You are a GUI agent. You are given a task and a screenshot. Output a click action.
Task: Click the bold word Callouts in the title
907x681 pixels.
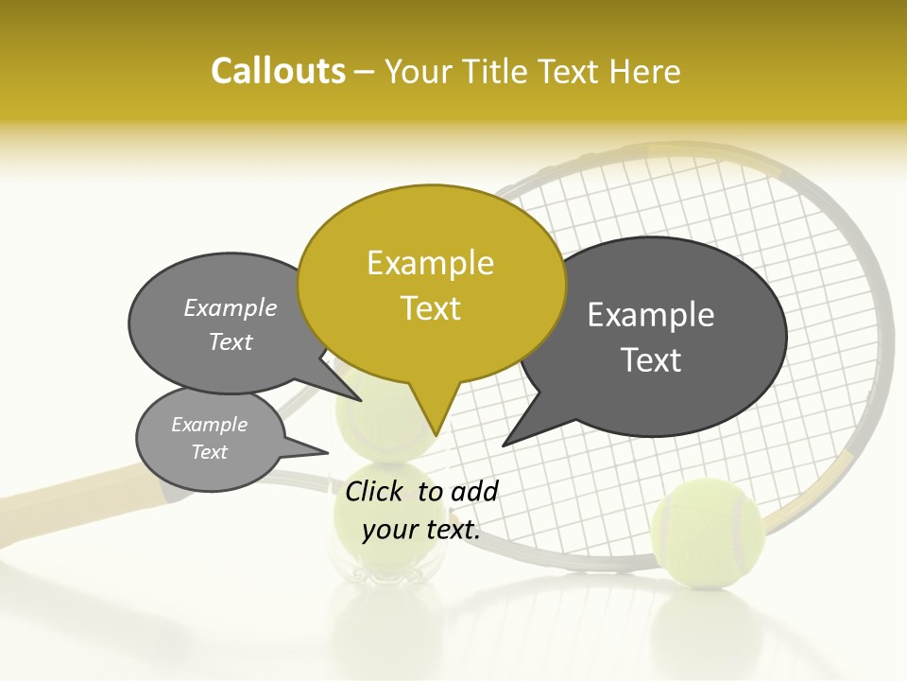[x=278, y=71]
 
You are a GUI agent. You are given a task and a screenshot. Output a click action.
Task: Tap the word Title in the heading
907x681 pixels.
[x=494, y=71]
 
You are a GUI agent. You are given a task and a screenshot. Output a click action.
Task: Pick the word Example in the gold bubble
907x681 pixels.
[x=430, y=263]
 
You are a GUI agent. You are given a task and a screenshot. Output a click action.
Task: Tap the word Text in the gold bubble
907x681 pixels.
[x=430, y=308]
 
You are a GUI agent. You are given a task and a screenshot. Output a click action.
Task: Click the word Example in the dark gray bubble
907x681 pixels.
[x=650, y=315]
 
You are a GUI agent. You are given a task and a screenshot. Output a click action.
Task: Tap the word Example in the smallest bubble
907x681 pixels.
[x=209, y=425]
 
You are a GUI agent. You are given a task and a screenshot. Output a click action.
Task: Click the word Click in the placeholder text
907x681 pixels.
[x=375, y=491]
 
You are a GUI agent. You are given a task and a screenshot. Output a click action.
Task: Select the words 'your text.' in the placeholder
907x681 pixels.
[x=420, y=529]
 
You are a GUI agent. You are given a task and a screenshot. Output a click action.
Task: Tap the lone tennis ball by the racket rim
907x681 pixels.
[x=707, y=531]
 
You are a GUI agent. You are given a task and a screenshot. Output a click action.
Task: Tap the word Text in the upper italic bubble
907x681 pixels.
[x=230, y=341]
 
